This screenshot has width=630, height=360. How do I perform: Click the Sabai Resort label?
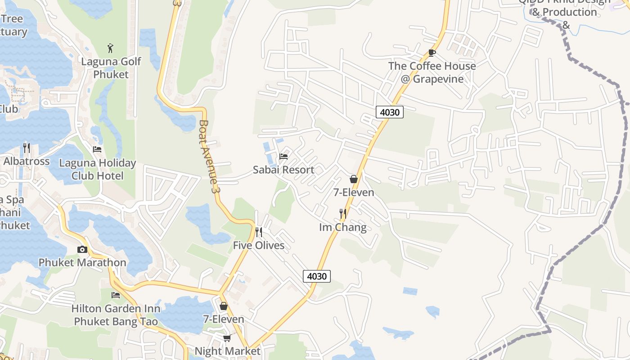coord(283,170)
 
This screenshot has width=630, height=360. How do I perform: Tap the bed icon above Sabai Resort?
coord(283,157)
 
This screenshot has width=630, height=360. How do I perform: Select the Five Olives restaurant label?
coord(259,245)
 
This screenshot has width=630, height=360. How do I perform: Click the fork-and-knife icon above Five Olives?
coord(259,232)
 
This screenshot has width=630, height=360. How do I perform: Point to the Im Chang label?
coord(342,227)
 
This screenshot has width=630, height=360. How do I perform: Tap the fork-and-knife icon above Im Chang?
coord(343,214)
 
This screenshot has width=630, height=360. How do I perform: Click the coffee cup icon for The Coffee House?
coord(432,53)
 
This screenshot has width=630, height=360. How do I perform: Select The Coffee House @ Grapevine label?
coord(432,72)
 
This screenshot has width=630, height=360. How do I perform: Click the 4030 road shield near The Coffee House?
coord(389,112)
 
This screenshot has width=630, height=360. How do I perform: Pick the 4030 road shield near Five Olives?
coord(317,276)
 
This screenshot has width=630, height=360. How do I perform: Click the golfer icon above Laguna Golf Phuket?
coord(111,48)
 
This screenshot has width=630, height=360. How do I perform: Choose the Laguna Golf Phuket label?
coord(111,68)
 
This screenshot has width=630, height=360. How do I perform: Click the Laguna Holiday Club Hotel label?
coord(97,169)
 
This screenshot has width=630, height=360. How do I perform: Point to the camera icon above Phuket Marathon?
coord(82,249)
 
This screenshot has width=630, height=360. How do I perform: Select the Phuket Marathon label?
coord(82,262)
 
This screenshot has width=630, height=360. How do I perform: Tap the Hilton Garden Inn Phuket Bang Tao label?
coord(116,315)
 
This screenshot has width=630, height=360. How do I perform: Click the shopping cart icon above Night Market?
coord(227,337)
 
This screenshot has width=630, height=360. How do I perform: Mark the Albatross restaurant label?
coord(27,161)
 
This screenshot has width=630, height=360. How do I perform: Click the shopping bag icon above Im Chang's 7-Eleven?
coord(354,179)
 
